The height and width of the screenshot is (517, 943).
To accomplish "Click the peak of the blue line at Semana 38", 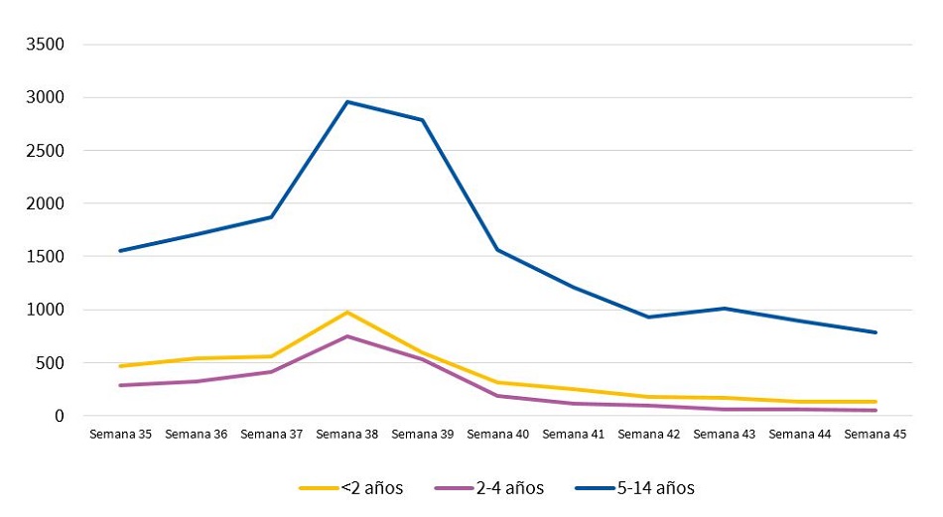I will [x=347, y=102].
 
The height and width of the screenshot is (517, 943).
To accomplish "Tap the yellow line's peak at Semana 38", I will [x=347, y=313].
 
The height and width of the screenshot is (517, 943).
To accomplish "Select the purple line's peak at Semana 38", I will [x=347, y=336].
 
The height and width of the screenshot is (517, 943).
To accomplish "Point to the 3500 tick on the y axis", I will [x=46, y=45].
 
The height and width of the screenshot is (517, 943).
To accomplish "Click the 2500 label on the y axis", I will [x=46, y=151].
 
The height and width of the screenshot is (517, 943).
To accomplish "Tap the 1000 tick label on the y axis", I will [x=46, y=310].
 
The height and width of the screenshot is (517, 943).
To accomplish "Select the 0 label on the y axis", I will [x=59, y=416].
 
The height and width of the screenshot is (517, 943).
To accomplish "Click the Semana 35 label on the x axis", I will [x=120, y=435].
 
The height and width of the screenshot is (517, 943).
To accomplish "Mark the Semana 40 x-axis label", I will [x=498, y=435].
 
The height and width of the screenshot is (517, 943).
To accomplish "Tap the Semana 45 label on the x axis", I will [x=876, y=435].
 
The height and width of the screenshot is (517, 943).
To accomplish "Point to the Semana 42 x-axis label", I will [x=649, y=435].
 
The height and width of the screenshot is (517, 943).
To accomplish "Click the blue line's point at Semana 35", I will [x=120, y=251].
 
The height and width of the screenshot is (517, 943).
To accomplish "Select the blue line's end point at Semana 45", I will [x=876, y=332].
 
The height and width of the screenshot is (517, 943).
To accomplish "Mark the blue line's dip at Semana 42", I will [x=649, y=318].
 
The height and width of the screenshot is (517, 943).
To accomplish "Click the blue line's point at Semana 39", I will [x=423, y=120].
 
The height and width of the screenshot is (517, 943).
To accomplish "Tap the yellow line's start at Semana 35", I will [x=120, y=366].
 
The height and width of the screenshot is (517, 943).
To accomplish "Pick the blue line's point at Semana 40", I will [x=498, y=250].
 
